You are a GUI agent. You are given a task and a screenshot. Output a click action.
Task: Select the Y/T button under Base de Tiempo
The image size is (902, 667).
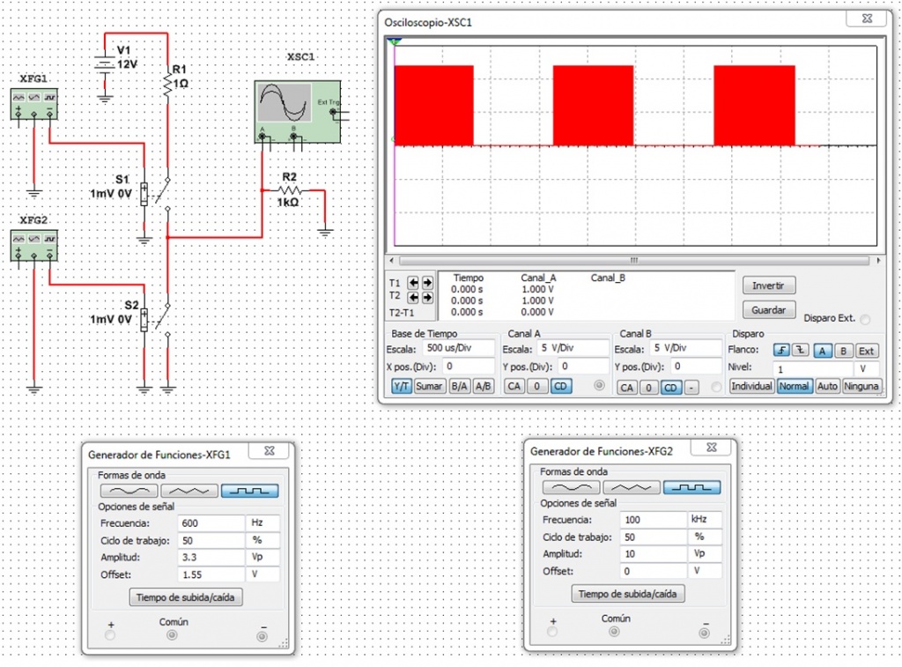(x=401, y=386)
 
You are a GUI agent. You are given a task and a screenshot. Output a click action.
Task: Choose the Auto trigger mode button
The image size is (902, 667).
(x=827, y=386)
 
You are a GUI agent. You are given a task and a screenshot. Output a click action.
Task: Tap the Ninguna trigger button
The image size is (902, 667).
(x=862, y=386)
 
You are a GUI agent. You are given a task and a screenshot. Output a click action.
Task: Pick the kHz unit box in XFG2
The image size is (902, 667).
(x=705, y=519)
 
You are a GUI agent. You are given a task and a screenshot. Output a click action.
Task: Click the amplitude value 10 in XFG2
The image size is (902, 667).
(x=653, y=553)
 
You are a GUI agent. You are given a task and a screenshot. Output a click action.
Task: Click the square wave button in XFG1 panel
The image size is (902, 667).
(x=250, y=491)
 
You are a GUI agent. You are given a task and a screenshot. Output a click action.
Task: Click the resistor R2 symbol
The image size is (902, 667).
(x=291, y=189)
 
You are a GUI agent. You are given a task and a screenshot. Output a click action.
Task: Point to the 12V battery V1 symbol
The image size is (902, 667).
(x=106, y=63)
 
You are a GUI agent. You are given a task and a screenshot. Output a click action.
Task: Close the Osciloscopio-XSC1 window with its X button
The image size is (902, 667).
(x=868, y=19)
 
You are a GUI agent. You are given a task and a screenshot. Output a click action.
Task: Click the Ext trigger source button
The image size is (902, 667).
(x=867, y=351)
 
